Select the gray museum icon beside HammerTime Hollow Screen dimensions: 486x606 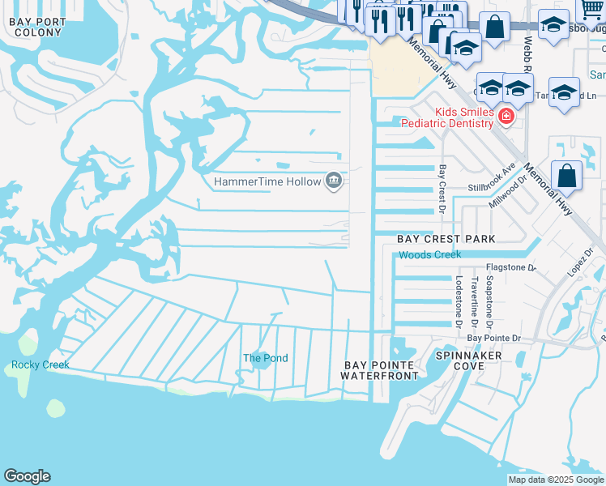pyautogui.click(x=333, y=181)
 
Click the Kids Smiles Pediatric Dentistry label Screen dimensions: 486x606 pyautogui.click(x=452, y=117)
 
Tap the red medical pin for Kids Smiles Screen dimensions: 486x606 pyautogui.click(x=506, y=117)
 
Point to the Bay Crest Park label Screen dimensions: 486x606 pyautogui.click(x=446, y=239)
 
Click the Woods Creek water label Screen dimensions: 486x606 pyautogui.click(x=429, y=254)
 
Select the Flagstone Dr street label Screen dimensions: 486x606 pyautogui.click(x=510, y=266)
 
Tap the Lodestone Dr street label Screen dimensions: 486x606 pyautogui.click(x=459, y=301)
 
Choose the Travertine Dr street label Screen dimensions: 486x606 pyautogui.click(x=474, y=297)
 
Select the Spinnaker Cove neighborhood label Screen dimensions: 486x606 pyautogui.click(x=468, y=360)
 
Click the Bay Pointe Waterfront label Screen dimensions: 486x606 pyautogui.click(x=379, y=370)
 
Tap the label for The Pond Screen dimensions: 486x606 pyautogui.click(x=265, y=358)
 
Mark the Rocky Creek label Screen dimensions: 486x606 pyautogui.click(x=41, y=364)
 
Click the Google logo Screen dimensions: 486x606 pyautogui.click(x=27, y=476)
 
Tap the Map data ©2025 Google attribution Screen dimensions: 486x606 pyautogui.click(x=555, y=480)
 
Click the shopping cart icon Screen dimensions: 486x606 pyautogui.click(x=592, y=8)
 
